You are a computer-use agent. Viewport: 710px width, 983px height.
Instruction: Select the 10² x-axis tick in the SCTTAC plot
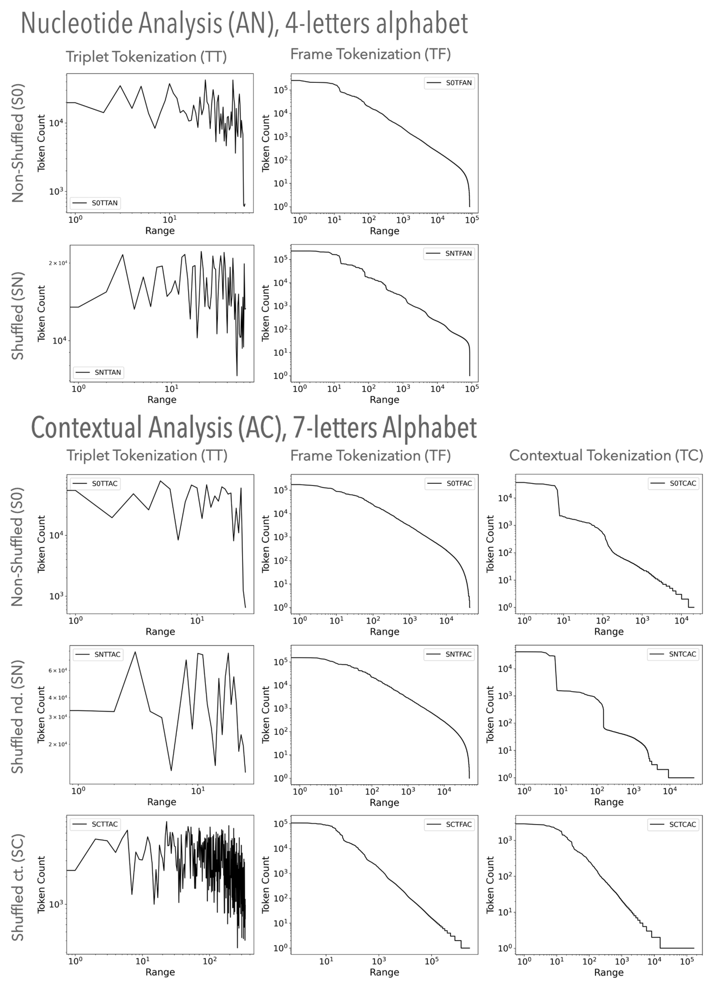[x=210, y=961]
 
